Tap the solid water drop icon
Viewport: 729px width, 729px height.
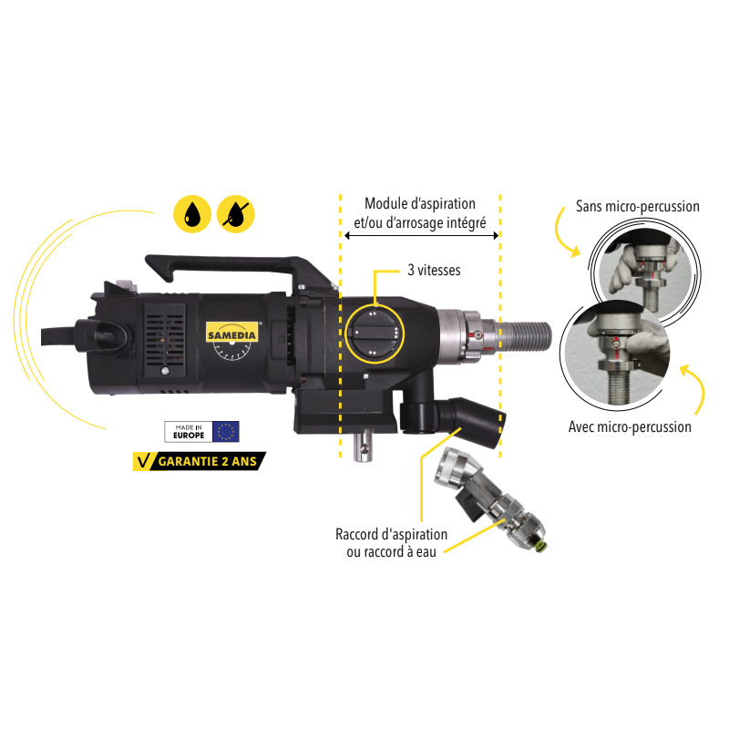192,214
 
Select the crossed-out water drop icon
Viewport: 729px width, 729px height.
236,214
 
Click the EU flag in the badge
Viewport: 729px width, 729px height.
226,431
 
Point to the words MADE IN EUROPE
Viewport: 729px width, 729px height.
189,431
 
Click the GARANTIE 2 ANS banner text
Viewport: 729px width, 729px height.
208,461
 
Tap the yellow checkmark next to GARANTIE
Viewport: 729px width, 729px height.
144,461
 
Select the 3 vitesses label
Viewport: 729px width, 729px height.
434,270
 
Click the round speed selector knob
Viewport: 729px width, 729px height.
375,333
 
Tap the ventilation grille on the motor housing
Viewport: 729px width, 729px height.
165,339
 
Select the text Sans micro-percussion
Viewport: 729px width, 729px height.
637,207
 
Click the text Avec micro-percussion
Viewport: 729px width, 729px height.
630,426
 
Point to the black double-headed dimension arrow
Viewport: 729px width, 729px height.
421,236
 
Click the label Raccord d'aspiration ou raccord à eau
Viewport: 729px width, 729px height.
392,543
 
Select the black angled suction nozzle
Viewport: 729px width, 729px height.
471,422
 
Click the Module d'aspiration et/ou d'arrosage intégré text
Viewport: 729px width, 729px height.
420,213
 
